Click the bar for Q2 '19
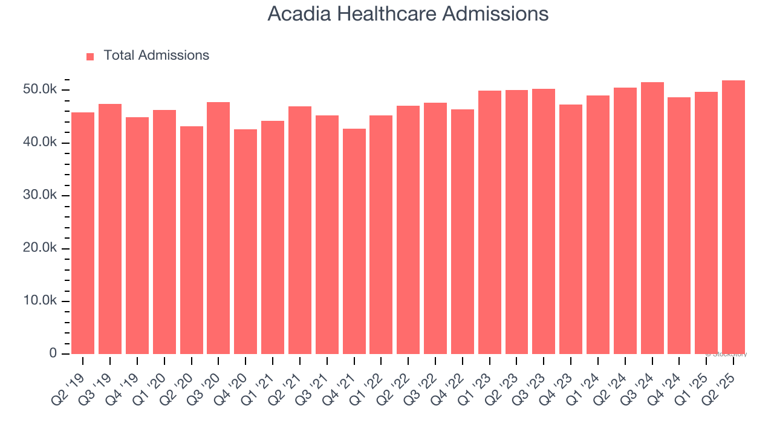point(83,233)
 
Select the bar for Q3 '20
point(218,228)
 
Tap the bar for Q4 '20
point(246,242)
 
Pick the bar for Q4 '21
point(354,241)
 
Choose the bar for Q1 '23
point(489,222)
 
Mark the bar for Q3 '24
point(652,218)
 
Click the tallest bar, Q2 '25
point(733,217)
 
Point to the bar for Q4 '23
point(571,229)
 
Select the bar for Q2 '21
point(300,230)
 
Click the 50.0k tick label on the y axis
point(40,90)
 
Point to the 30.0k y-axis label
point(40,196)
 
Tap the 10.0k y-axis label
point(40,301)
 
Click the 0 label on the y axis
point(53,353)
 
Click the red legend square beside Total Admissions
point(90,56)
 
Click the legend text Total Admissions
point(156,56)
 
